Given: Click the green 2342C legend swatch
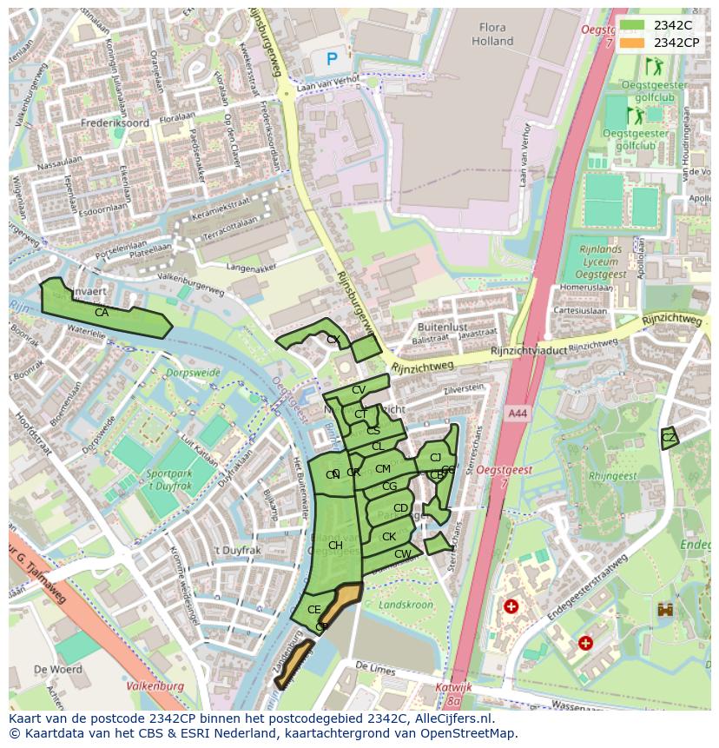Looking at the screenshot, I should coord(631,25).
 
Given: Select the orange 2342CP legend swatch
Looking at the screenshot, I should coord(631,43).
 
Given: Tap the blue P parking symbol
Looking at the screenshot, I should coord(332,59).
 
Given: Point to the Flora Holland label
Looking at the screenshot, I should coord(492,34).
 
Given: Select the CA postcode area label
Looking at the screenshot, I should coord(102,313).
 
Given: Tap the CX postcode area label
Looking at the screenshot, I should coord(333,340).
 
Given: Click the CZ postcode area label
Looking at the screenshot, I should coord(668,438).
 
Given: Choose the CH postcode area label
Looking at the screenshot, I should coord(335,546).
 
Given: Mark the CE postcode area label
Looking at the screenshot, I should coord(314,610).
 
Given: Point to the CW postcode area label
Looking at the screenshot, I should coord(402,554).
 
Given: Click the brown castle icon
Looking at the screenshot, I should coord(666,610).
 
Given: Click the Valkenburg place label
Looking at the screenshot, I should coord(155,685).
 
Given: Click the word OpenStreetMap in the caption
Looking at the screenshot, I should coord(472,733).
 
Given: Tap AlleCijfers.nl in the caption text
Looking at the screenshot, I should coord(451,718).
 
